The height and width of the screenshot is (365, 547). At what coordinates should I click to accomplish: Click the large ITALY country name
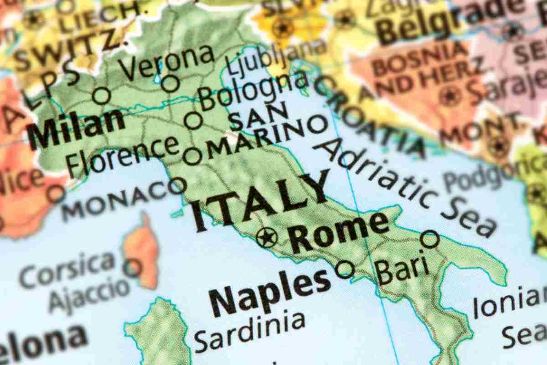(260, 201)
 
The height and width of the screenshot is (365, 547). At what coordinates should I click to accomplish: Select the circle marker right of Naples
(345, 269)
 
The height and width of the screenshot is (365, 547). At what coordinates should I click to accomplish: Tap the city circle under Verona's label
(171, 83)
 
